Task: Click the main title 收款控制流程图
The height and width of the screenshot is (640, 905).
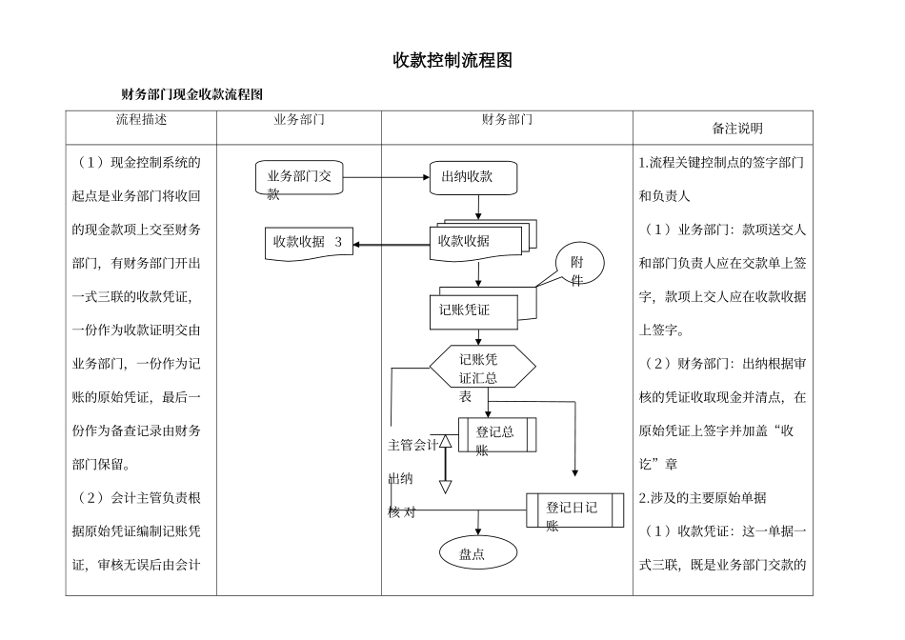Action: [x=452, y=61]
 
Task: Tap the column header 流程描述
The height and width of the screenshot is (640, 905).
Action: [x=141, y=120]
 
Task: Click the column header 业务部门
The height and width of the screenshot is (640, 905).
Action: [x=298, y=120]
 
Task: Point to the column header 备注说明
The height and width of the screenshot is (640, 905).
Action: [x=737, y=128]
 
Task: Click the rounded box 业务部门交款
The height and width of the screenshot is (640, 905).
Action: [x=299, y=179]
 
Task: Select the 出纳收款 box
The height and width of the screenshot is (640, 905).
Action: [x=473, y=177]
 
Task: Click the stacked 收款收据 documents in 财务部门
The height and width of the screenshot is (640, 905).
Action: [x=475, y=242]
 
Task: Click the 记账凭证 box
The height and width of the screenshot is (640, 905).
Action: [x=473, y=309]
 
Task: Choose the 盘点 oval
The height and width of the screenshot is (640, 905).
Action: [x=476, y=553]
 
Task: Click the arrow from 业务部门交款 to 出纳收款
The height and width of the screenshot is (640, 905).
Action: [x=386, y=177]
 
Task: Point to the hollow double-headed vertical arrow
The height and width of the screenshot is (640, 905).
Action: [x=445, y=464]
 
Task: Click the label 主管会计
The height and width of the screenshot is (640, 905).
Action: [x=412, y=444]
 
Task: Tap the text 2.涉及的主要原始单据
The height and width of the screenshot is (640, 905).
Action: [x=703, y=497]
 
